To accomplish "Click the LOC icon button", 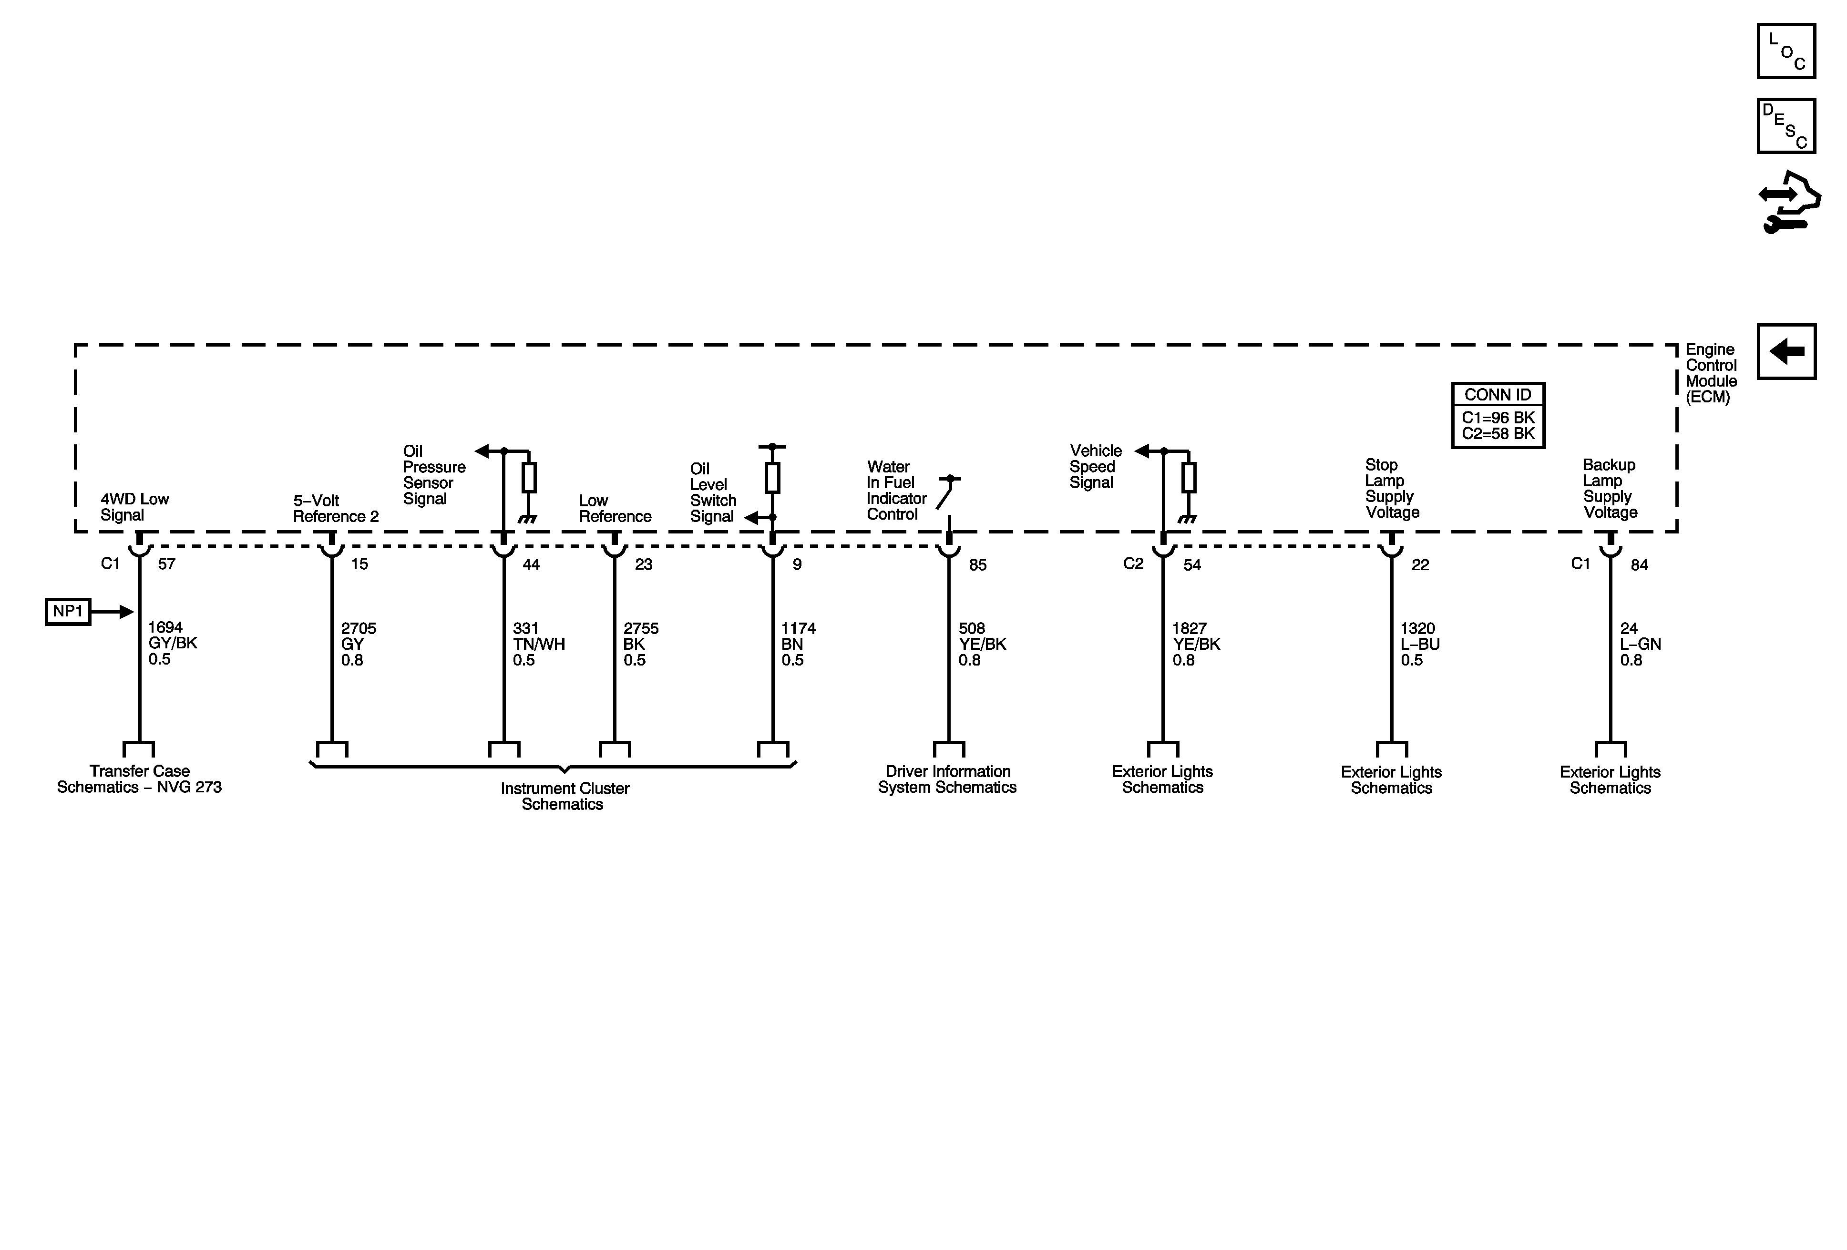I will tap(1786, 51).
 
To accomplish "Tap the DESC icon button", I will tap(1786, 125).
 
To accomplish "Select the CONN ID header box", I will tap(1498, 395).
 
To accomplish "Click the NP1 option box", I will tap(68, 612).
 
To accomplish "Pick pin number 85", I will tap(977, 565).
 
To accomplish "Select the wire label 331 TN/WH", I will tap(538, 644).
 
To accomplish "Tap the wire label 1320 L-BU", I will tap(1419, 644).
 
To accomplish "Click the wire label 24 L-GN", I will tap(1640, 644).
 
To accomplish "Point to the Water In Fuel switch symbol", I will tap(946, 494).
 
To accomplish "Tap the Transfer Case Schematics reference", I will tap(139, 779).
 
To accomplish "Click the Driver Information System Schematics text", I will tap(947, 779).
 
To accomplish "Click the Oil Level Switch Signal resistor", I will tap(772, 478).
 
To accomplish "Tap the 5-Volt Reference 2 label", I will tap(335, 509).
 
